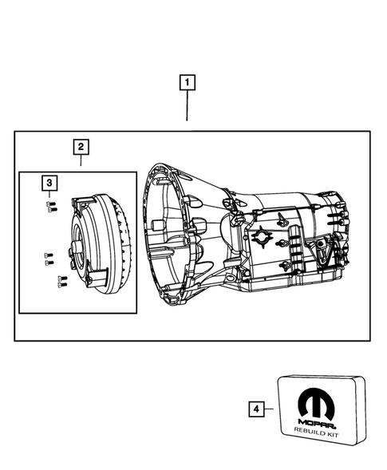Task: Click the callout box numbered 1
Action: pos(188,82)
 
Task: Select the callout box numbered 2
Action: pos(81,147)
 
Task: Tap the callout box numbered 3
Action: pos(49,184)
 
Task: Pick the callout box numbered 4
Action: pos(256,409)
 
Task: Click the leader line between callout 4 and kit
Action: pos(271,409)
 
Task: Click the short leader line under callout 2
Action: pos(81,160)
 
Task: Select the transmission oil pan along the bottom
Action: pos(295,279)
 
